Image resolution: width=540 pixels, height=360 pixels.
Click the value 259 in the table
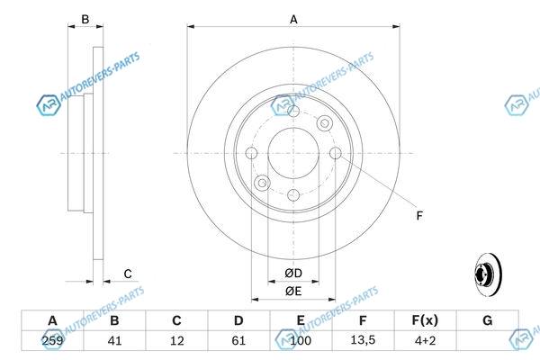(52, 342)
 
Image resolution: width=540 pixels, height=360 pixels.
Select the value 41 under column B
(114, 342)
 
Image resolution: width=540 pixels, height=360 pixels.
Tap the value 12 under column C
(176, 342)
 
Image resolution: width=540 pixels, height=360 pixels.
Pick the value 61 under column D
(238, 342)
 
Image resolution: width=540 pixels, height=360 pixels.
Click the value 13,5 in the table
(363, 342)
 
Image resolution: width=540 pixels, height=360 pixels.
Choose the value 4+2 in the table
(424, 342)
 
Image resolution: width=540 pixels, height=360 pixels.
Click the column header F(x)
(424, 320)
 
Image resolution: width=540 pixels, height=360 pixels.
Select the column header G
(487, 320)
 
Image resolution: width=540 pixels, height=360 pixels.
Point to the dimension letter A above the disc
(293, 19)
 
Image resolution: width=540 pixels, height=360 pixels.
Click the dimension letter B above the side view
(85, 19)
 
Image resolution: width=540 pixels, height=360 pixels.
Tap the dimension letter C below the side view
(128, 274)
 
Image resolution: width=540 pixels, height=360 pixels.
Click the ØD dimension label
(293, 273)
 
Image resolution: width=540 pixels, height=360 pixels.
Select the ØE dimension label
(293, 291)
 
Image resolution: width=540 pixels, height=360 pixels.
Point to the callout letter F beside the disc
(418, 215)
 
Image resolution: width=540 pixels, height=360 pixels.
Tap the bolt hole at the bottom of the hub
(293, 194)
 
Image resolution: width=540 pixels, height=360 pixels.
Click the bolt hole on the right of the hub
(336, 154)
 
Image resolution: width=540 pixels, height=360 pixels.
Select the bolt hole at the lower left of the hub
(262, 183)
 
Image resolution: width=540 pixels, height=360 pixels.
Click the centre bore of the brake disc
(293, 153)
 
